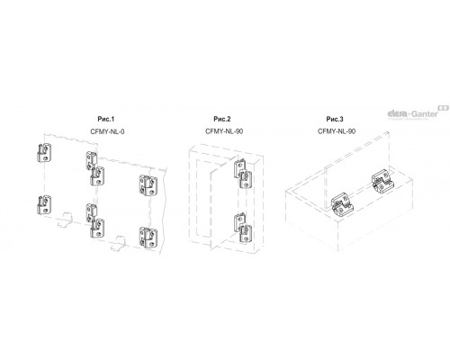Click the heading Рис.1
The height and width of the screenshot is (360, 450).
click(106, 119)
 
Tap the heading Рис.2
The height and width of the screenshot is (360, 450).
click(222, 119)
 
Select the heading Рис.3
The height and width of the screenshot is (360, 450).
click(335, 119)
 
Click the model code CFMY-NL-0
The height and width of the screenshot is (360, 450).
click(107, 131)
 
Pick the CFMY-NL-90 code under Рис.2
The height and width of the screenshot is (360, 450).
click(224, 131)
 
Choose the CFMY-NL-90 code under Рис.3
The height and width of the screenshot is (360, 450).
click(337, 131)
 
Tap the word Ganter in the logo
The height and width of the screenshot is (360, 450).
click(425, 114)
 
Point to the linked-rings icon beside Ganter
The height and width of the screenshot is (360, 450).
click(444, 107)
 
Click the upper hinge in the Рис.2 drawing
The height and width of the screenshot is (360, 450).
click(242, 174)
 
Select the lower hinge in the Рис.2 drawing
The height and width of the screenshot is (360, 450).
click(242, 227)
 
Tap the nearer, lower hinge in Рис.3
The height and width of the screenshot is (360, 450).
click(342, 205)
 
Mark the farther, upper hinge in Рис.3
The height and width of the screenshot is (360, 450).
click(382, 181)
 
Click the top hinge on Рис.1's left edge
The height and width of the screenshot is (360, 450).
click(44, 153)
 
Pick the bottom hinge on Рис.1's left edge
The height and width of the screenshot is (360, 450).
click(44, 205)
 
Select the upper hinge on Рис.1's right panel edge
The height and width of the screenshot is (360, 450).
click(148, 185)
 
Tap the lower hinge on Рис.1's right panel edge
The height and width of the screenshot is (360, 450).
click(148, 238)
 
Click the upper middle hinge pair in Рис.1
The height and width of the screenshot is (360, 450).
click(95, 168)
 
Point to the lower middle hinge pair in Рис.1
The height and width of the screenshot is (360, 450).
click(95, 220)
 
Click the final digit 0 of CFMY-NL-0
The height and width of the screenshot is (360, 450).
click(122, 131)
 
